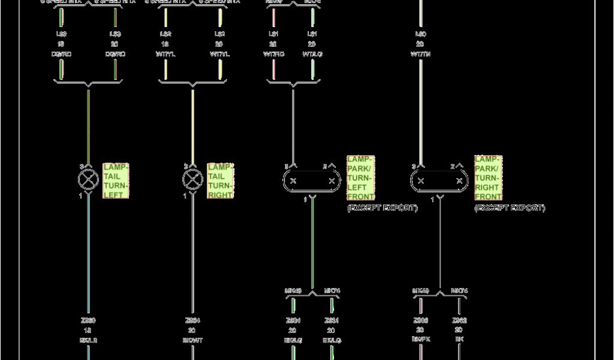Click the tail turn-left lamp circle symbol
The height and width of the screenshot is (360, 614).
(x=88, y=179)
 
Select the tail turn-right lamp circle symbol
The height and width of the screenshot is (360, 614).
(x=192, y=179)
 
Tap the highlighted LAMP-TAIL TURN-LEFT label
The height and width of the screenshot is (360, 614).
(x=116, y=181)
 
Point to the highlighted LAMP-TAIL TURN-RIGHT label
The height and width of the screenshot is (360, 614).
(x=220, y=181)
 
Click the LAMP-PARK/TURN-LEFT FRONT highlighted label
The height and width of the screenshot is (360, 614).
(x=360, y=178)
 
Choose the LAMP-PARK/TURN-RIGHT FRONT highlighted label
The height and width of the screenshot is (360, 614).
(x=488, y=178)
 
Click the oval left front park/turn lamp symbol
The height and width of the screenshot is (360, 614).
(x=312, y=181)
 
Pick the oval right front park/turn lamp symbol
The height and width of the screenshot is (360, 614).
(x=440, y=181)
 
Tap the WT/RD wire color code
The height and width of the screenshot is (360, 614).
(x=273, y=54)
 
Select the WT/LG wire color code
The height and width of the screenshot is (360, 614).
(x=312, y=54)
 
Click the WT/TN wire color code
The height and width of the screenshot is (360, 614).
(x=420, y=54)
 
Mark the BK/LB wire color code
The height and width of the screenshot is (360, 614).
(x=88, y=340)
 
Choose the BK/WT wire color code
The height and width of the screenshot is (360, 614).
(x=192, y=340)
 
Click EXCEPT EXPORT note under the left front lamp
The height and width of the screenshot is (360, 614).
(x=382, y=208)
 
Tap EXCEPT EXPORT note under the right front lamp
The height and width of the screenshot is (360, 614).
(x=510, y=208)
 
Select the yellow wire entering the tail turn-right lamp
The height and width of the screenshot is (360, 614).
(x=192, y=126)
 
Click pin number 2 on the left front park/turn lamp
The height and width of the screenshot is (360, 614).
(x=326, y=166)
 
